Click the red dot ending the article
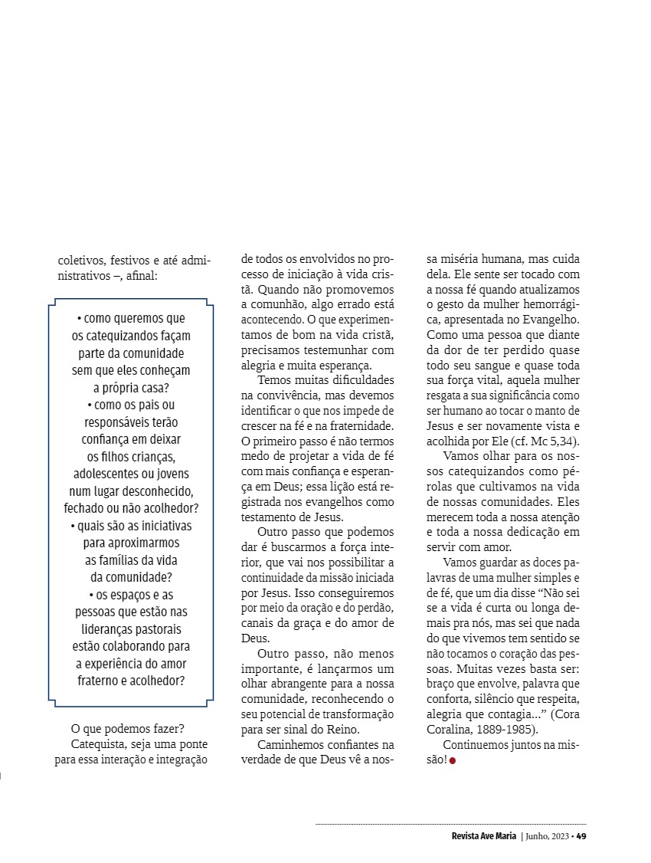point(453,760)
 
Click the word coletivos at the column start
point(82,261)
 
